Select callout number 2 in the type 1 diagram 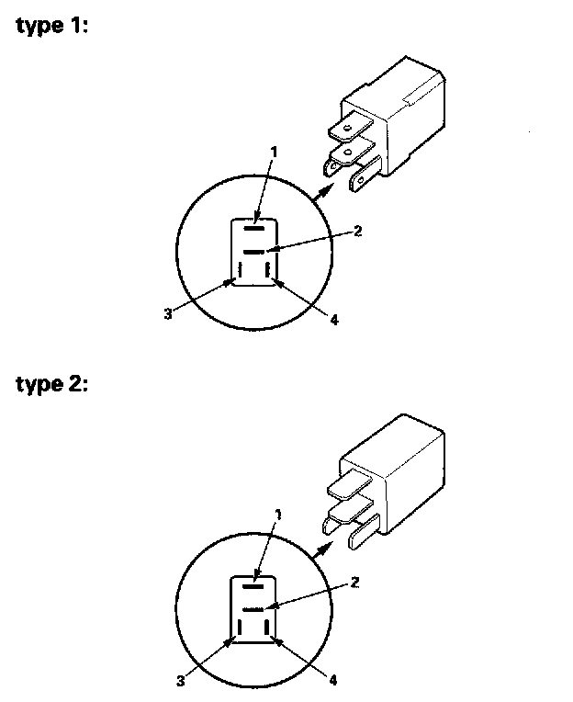pyautogui.click(x=358, y=230)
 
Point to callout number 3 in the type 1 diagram pyautogui.click(x=168, y=313)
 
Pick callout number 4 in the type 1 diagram pyautogui.click(x=334, y=320)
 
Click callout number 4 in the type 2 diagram pyautogui.click(x=333, y=681)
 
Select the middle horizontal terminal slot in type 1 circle pyautogui.click(x=254, y=250)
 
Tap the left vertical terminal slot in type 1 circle pyautogui.click(x=240, y=272)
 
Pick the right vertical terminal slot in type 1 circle pyautogui.click(x=266, y=272)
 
